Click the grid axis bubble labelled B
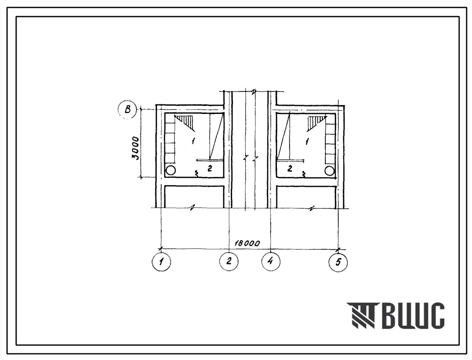tap(127, 109)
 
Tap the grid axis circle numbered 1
tap(161, 261)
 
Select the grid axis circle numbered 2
tap(229, 261)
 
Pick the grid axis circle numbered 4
tap(271, 261)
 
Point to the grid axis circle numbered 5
tap(338, 262)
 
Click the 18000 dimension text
tap(247, 243)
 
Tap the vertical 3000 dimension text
tap(136, 148)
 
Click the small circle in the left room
tap(170, 171)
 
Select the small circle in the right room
tap(329, 171)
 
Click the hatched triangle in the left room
tap(186, 122)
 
